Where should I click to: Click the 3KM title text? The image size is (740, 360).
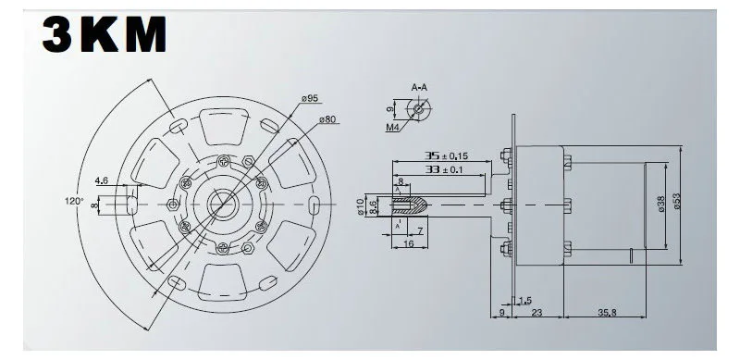(105, 34)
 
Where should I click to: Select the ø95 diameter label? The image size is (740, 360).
(310, 98)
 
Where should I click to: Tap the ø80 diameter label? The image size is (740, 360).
(327, 119)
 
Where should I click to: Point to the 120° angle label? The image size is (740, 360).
(74, 201)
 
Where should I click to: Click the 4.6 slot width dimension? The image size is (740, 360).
(102, 180)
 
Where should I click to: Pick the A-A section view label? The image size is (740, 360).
(419, 87)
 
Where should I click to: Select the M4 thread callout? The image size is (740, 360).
(392, 127)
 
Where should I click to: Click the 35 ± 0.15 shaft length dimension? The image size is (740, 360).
(447, 155)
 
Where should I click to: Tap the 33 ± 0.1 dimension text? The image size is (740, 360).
(444, 169)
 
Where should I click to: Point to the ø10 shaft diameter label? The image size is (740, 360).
(362, 207)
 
